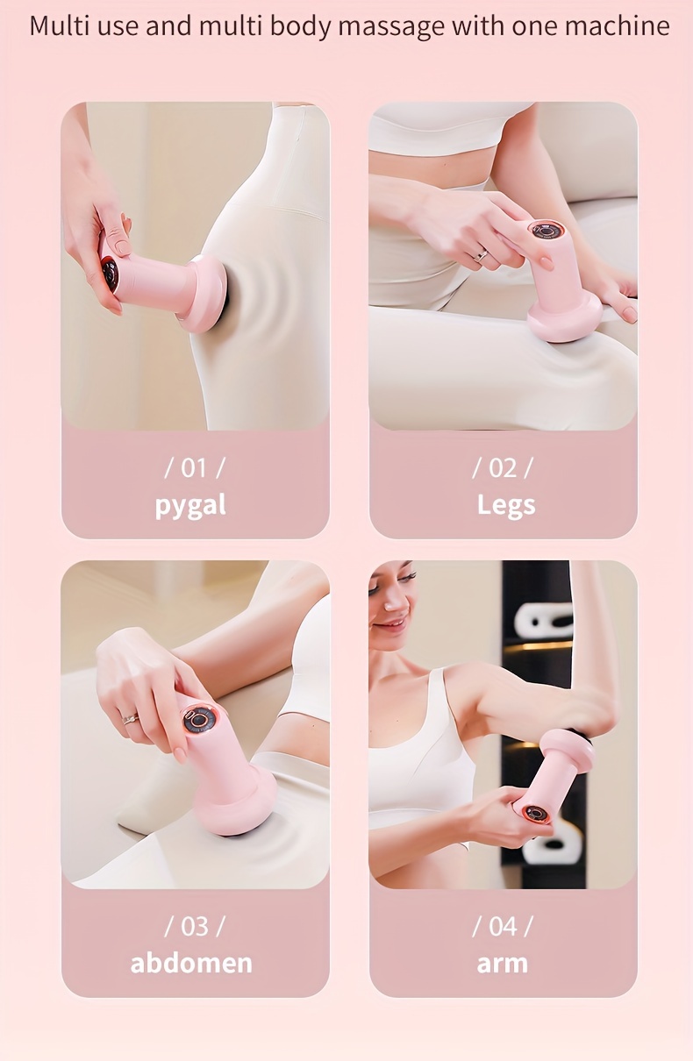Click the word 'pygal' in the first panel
pos(190,506)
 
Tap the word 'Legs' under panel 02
pos(506,505)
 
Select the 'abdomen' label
pos(191,963)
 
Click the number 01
pos(194,468)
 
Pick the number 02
pos(503,468)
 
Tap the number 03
pos(195,926)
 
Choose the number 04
pos(503,926)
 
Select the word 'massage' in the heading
pos(391,27)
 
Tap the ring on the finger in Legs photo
pos(482,254)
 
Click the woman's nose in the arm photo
pos(390,603)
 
